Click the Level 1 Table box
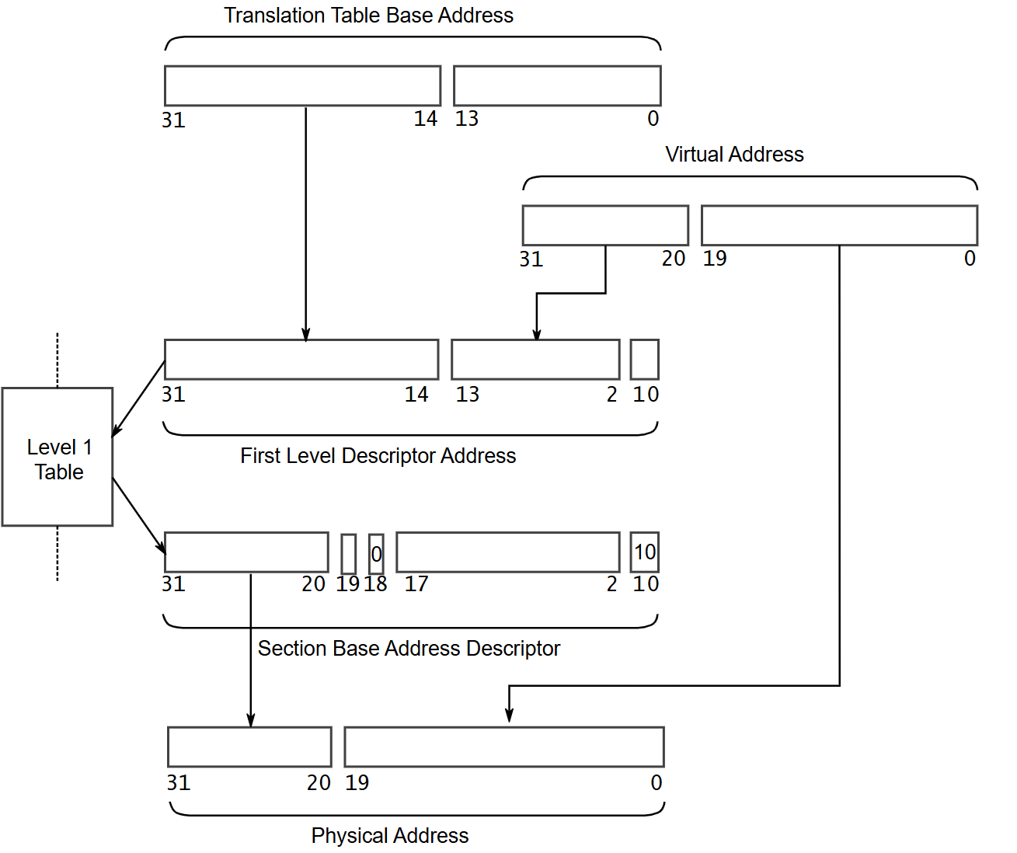[57, 457]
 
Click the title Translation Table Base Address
[368, 15]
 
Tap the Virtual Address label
[734, 155]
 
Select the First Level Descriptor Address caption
[378, 456]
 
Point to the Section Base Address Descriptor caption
[409, 649]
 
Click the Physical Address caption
[390, 835]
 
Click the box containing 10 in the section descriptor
[644, 552]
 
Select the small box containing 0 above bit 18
[376, 554]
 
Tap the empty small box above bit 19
[348, 554]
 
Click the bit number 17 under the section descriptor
[416, 583]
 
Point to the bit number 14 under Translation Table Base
[426, 118]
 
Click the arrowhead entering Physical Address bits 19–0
[509, 715]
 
